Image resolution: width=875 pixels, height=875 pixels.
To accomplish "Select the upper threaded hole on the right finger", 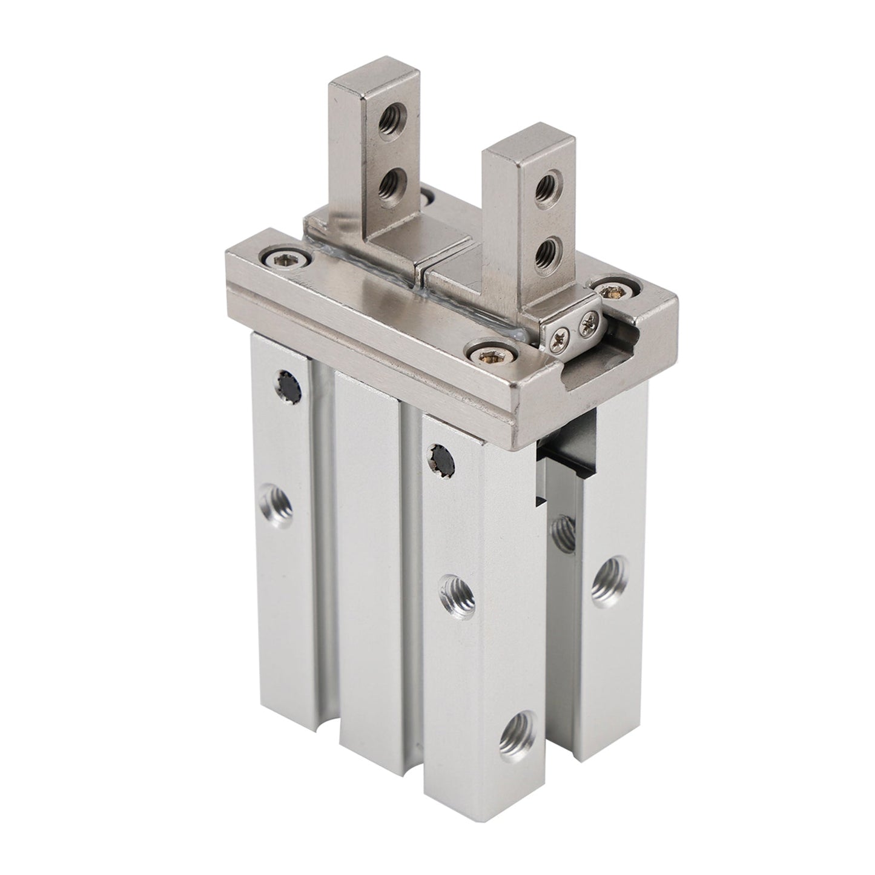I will point(549,181).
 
